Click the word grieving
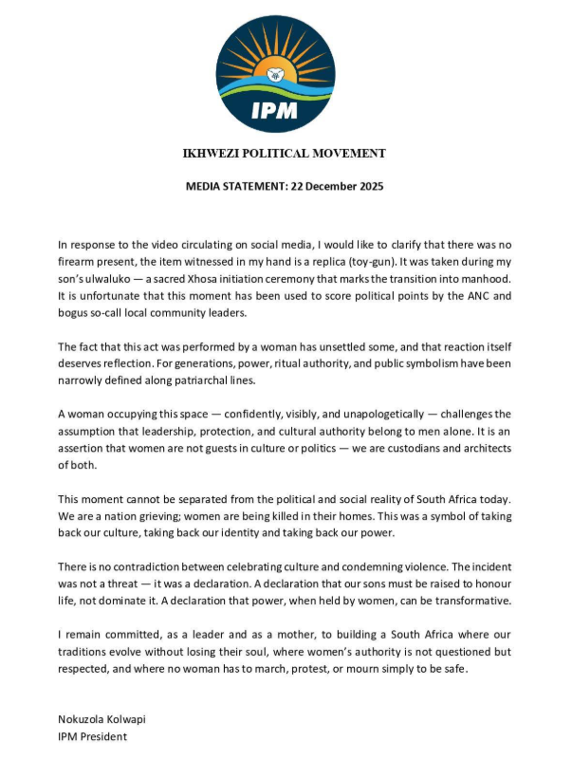148,518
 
